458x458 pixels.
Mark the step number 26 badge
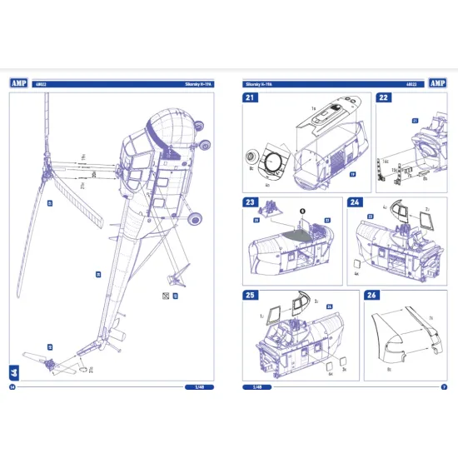371,296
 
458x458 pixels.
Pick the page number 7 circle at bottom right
443,387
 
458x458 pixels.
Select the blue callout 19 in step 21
352,175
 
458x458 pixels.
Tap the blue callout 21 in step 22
414,121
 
